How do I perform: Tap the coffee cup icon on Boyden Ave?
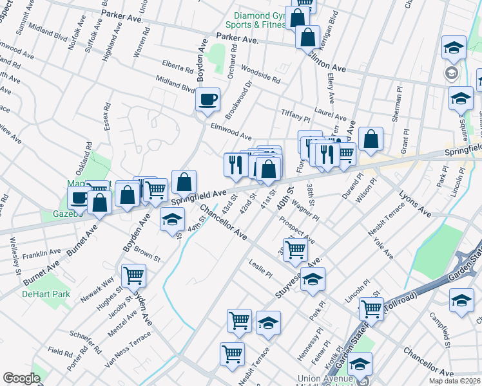(207, 100)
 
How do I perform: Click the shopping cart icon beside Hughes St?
(133, 275)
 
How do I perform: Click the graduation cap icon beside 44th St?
(172, 220)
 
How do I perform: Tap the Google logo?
(22, 378)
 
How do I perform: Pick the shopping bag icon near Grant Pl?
(371, 139)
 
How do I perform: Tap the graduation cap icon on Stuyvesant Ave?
(313, 279)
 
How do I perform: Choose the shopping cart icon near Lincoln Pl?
(371, 309)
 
